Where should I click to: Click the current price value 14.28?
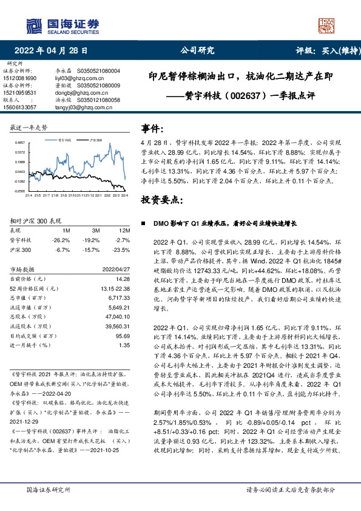coord(123,279)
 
